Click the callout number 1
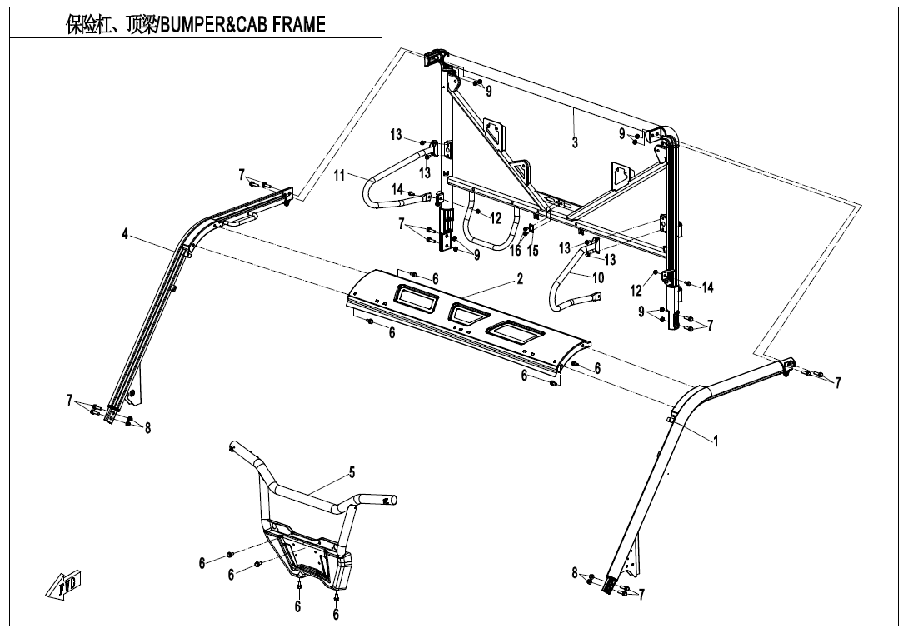(716, 441)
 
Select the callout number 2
(520, 280)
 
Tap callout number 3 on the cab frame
(575, 142)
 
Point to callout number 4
(125, 235)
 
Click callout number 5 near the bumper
(352, 473)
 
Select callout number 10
(598, 278)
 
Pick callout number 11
(339, 176)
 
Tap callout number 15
(534, 251)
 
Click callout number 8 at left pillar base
(147, 428)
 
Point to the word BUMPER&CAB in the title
(214, 25)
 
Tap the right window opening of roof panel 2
(516, 331)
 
